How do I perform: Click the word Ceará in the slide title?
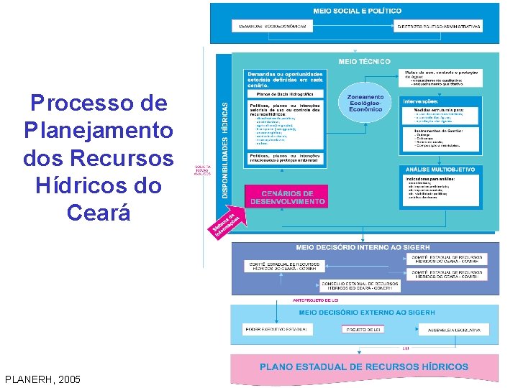coord(99,213)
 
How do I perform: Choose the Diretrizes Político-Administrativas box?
coord(439,26)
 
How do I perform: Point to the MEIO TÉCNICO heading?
coord(364,62)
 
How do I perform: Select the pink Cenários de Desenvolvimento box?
coord(287,198)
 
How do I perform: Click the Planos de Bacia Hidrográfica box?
coord(286,93)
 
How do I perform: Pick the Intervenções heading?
coord(422,101)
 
